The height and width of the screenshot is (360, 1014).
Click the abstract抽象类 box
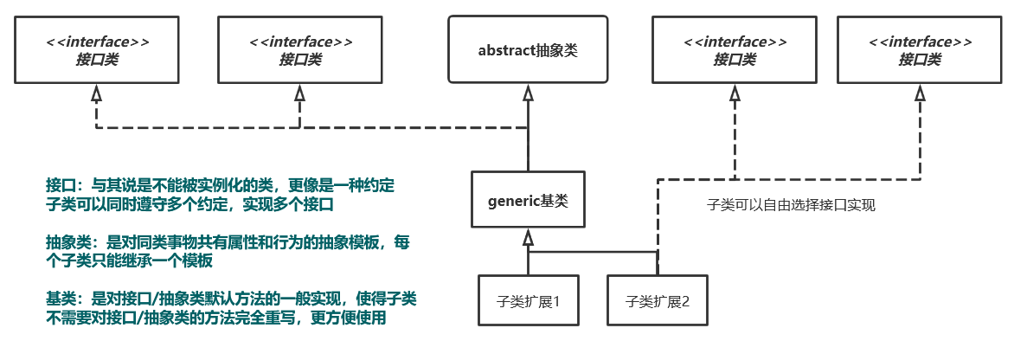pyautogui.click(x=528, y=49)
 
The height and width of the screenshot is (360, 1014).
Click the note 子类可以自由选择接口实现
pyautogui.click(x=791, y=205)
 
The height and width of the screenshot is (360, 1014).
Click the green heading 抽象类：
pyautogui.click(x=74, y=243)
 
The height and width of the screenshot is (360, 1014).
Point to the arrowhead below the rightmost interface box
pyautogui.click(x=918, y=92)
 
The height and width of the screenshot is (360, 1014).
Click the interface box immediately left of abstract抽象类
pyautogui.click(x=300, y=50)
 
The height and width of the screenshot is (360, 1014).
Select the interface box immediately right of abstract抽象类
pyautogui.click(x=735, y=50)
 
